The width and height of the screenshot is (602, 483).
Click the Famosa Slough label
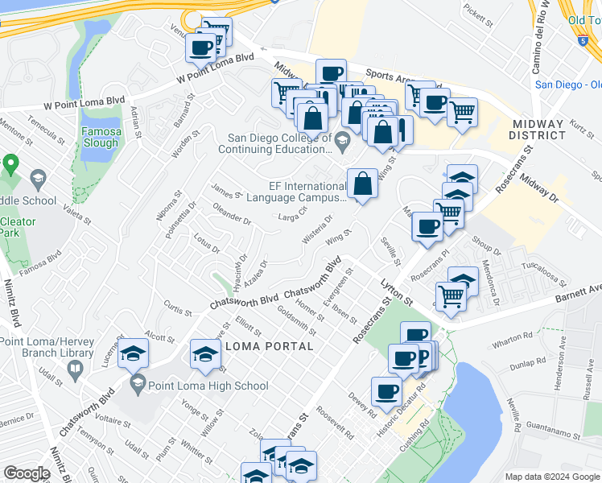101,137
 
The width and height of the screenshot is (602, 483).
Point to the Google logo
26,473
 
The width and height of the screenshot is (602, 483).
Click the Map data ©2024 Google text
552,476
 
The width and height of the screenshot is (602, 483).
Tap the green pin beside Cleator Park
10,166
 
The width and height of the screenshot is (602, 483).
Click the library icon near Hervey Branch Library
76,371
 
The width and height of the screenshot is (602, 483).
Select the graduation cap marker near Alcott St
133,353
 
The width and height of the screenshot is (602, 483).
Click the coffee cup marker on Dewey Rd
386,391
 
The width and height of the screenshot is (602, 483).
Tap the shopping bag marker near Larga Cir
363,184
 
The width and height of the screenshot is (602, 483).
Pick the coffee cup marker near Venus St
200,46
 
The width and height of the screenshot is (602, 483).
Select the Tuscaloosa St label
545,275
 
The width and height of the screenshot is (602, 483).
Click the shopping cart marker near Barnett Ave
451,296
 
